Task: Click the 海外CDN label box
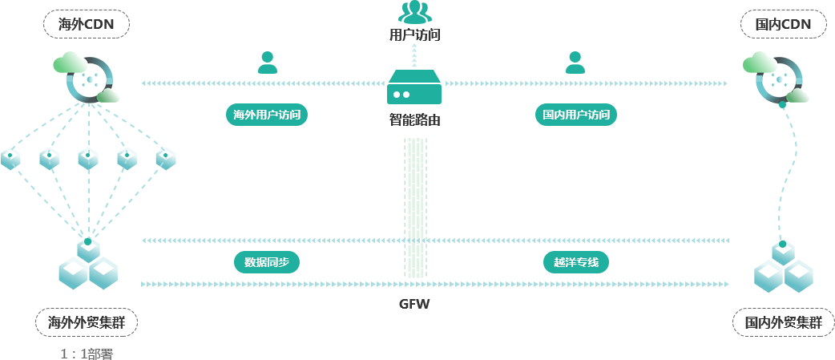(86, 25)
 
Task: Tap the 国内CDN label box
(783, 25)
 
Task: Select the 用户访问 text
(414, 34)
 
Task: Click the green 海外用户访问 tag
(267, 115)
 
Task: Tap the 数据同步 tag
(266, 262)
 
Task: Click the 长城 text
(413, 313)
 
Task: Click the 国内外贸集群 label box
(783, 323)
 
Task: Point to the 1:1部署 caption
(87, 354)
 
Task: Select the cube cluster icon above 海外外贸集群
(87, 265)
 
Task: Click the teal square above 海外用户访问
(267, 62)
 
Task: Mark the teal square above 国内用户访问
(575, 62)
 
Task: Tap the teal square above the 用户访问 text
(414, 11)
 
